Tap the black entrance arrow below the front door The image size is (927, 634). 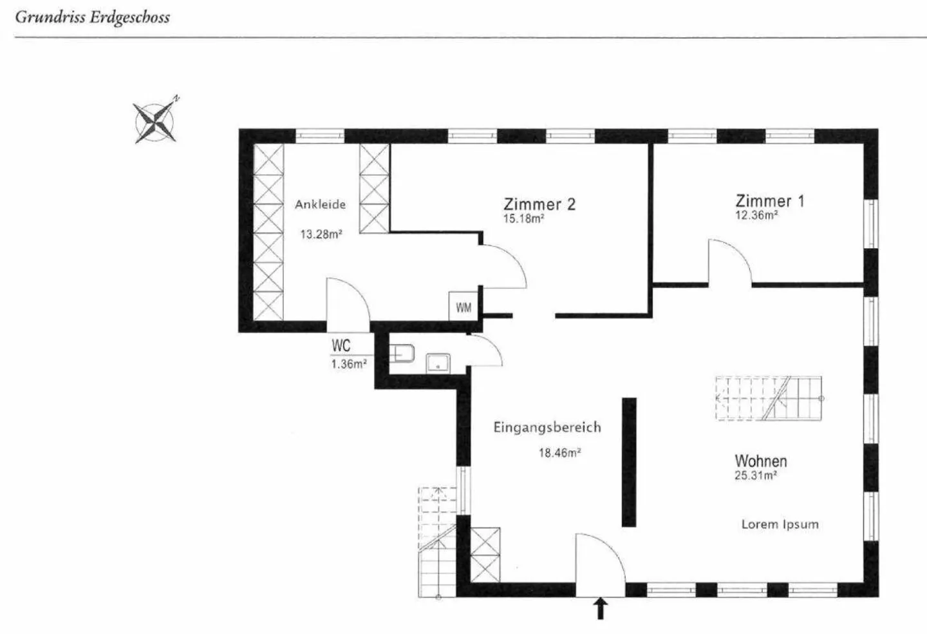point(601,608)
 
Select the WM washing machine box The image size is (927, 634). point(464,307)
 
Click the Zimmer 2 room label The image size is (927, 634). point(539,204)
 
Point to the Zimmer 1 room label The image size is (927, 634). point(770,201)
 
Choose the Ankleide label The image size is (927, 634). point(321,204)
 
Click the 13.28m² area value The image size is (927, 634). point(321,234)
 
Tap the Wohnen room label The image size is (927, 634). point(761,461)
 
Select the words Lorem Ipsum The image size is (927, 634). point(780,524)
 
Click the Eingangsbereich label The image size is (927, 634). point(547,427)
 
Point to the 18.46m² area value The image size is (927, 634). point(559,453)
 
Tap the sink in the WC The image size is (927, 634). point(439,363)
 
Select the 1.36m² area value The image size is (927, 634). point(349,364)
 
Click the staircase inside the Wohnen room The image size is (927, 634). point(769,398)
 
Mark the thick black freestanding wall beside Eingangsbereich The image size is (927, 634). point(629,462)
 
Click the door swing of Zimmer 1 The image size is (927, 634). point(730,260)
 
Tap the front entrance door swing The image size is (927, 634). point(599,558)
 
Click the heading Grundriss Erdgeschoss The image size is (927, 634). point(92,17)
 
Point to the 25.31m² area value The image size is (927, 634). point(756,476)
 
